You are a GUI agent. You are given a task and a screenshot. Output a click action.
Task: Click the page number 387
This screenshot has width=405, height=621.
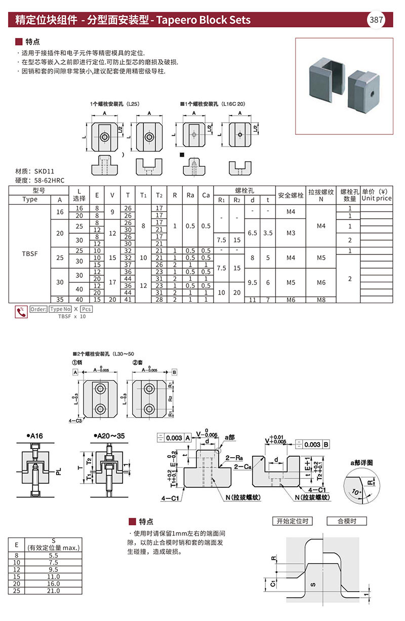point(376,20)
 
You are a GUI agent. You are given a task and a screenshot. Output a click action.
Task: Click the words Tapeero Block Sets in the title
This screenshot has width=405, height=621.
point(204,20)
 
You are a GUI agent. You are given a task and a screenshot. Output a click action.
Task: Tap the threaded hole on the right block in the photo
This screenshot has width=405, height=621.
point(372,93)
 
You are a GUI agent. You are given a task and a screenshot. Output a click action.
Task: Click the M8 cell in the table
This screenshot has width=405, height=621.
point(321,299)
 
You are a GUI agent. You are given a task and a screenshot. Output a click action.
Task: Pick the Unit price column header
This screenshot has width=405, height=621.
point(376,198)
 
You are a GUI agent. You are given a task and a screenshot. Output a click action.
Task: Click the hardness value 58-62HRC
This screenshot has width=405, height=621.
point(47,180)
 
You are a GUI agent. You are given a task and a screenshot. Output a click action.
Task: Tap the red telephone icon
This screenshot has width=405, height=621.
point(21,312)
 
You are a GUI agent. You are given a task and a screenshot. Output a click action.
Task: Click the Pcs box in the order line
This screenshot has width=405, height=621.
point(87,309)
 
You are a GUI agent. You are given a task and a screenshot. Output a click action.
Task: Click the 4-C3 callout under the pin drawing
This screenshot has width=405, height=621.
point(76,420)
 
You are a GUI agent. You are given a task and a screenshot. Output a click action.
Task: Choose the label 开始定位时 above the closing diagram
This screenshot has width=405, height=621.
point(292,521)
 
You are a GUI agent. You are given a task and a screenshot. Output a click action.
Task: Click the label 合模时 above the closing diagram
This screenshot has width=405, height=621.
point(345,521)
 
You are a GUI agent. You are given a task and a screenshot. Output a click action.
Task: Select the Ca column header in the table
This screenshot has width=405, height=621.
point(206,195)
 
